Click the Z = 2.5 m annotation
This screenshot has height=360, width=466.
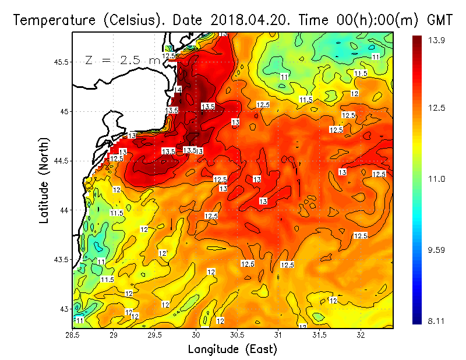pyautogui.click(x=122, y=60)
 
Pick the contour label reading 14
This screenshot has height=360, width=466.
pyautogui.click(x=178, y=89)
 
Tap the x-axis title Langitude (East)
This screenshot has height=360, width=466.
pyautogui.click(x=232, y=350)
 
